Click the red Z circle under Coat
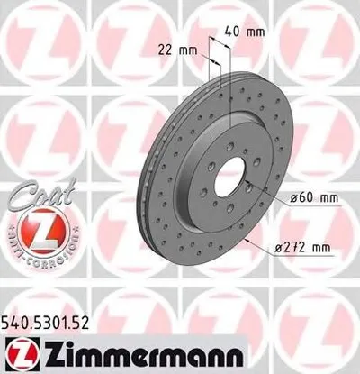[x=31, y=233]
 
